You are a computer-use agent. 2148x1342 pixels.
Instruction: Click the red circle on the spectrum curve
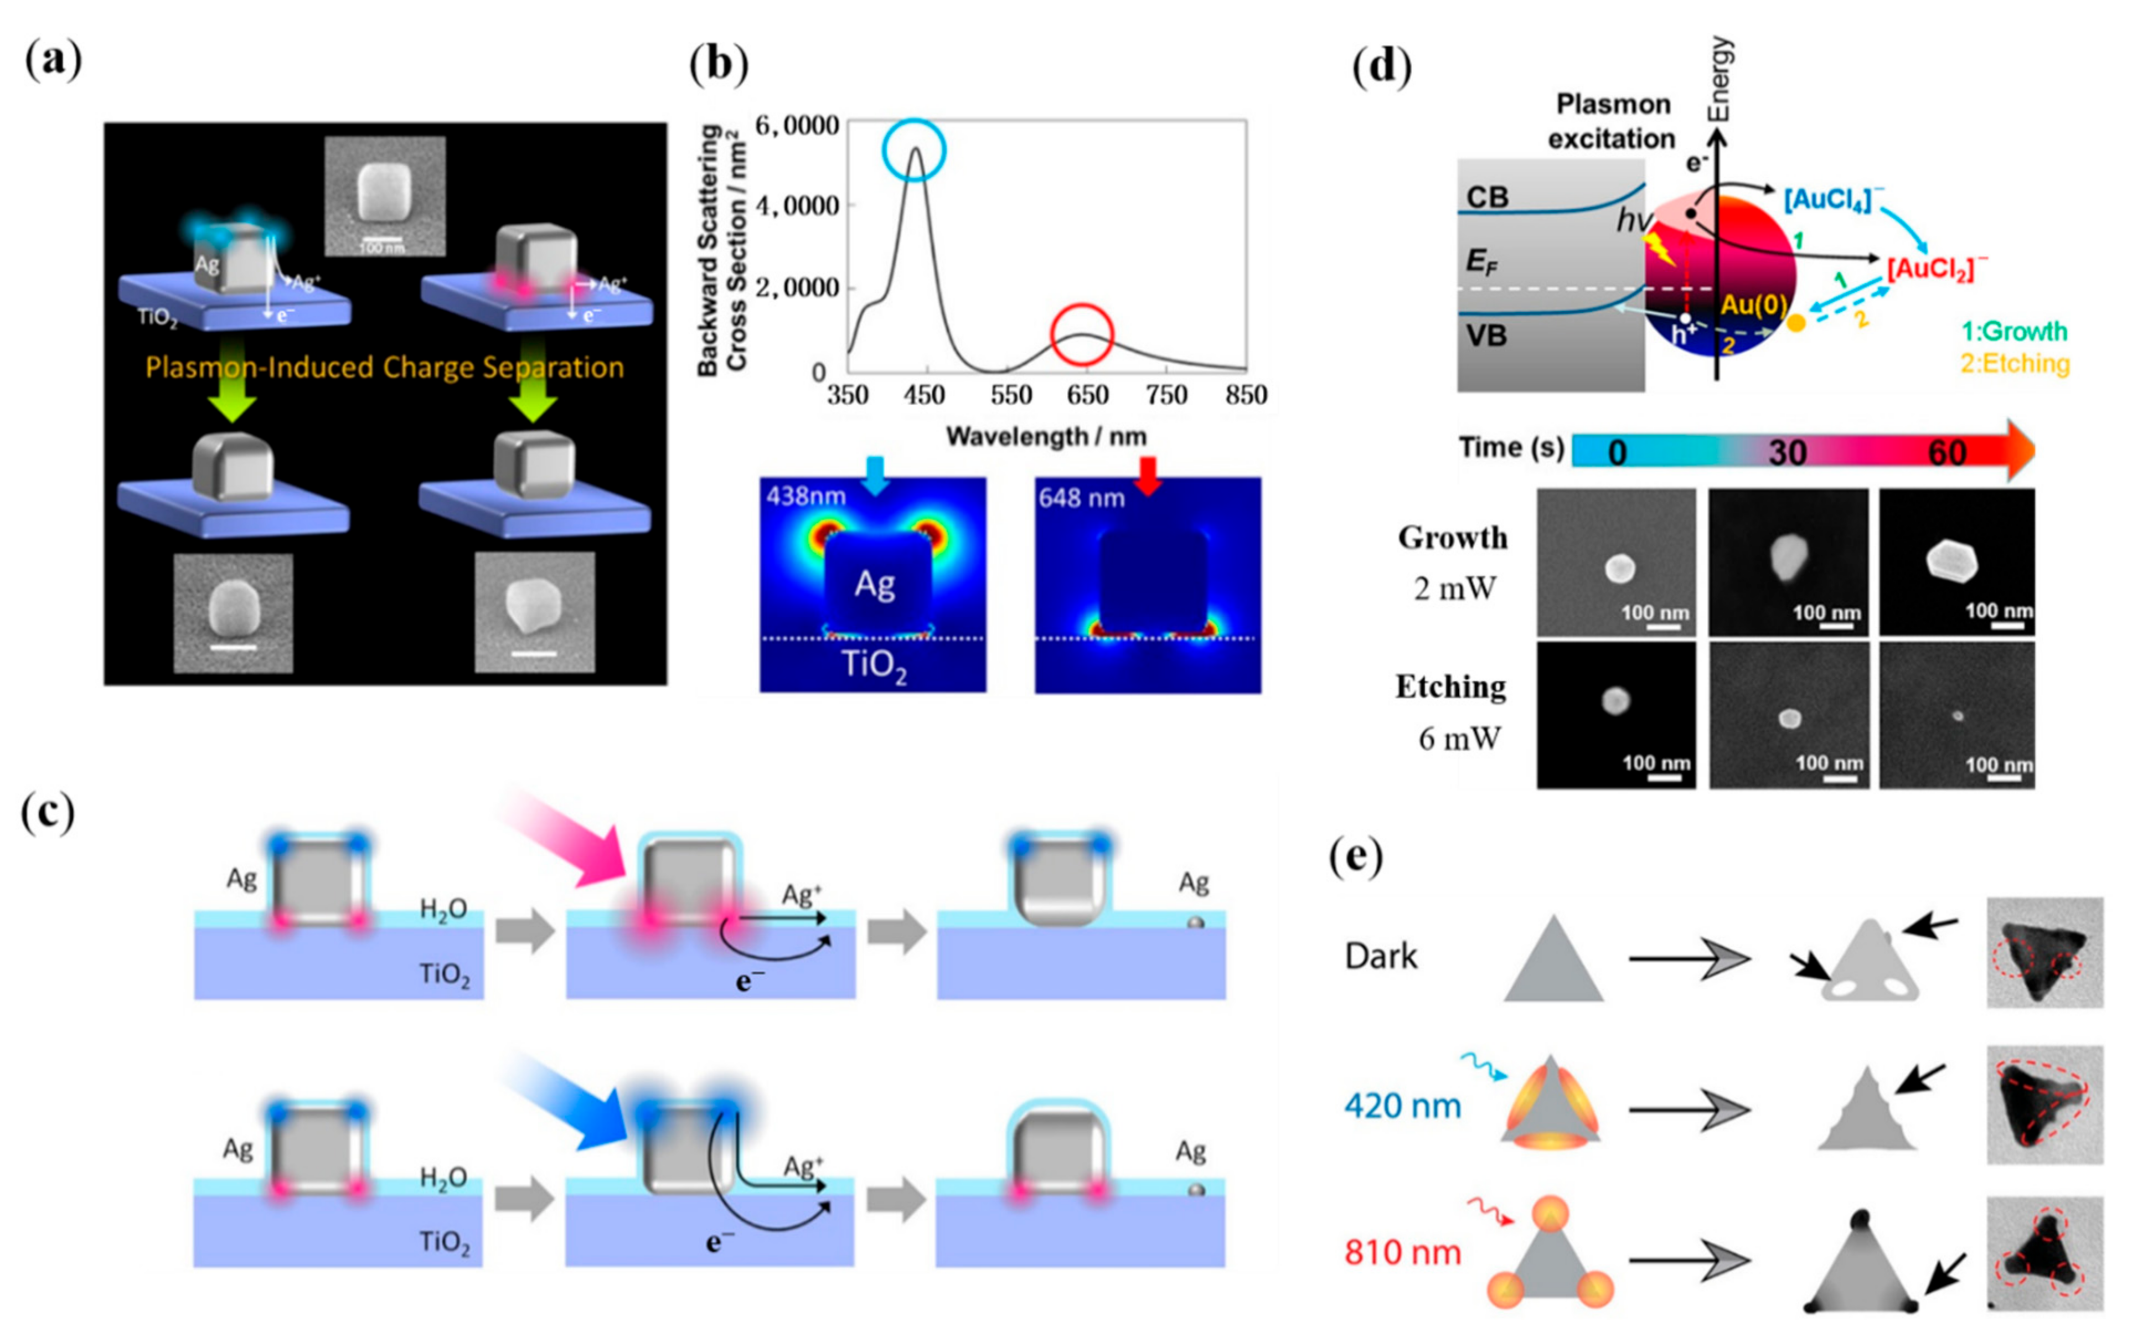click(x=1081, y=334)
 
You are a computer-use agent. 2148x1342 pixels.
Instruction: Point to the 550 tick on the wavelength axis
click(x=1010, y=395)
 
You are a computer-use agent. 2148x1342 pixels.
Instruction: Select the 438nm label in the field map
click(x=806, y=495)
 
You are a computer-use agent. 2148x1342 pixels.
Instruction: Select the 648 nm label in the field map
click(x=1081, y=498)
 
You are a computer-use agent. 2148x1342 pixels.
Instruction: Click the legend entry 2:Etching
click(x=2015, y=363)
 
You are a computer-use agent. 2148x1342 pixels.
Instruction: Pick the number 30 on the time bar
click(x=1786, y=453)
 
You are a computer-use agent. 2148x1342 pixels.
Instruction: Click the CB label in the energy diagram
click(x=1487, y=197)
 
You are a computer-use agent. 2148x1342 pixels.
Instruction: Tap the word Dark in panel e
click(x=1381, y=956)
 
